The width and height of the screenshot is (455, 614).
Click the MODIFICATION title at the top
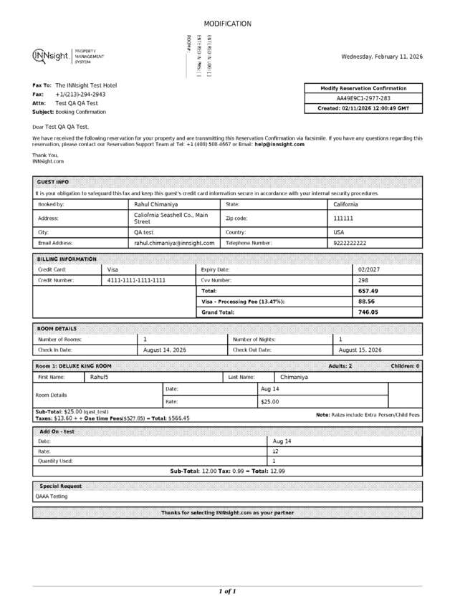point(227,24)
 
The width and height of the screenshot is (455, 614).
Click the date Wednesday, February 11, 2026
point(381,57)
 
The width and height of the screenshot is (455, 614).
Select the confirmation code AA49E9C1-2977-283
point(363,98)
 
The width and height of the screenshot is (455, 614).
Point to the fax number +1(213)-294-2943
point(80,94)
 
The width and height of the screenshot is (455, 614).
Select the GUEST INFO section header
point(53,182)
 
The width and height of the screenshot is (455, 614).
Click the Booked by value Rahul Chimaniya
point(157,204)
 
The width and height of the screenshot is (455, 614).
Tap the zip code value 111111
point(343,218)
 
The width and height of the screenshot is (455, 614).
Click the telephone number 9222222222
point(350,243)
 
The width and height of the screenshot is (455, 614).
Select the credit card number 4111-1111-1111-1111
point(135,280)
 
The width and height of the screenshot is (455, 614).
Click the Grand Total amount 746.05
point(368,312)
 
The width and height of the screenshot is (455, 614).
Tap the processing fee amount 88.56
point(367,302)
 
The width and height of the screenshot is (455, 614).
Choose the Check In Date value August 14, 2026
point(164,350)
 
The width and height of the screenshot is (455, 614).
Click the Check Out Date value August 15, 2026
point(360,350)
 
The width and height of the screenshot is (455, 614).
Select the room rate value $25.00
point(269,402)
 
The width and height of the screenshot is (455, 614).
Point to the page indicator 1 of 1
point(227,592)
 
